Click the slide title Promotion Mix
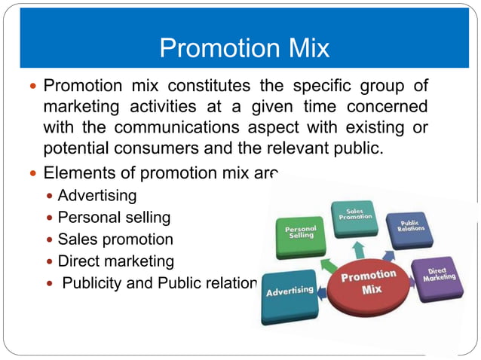[x=244, y=48]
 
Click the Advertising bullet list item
[x=97, y=196]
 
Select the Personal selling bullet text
[x=114, y=218]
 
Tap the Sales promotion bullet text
[x=115, y=239]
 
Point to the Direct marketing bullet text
[x=115, y=261]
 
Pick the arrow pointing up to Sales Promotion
[x=358, y=248]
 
